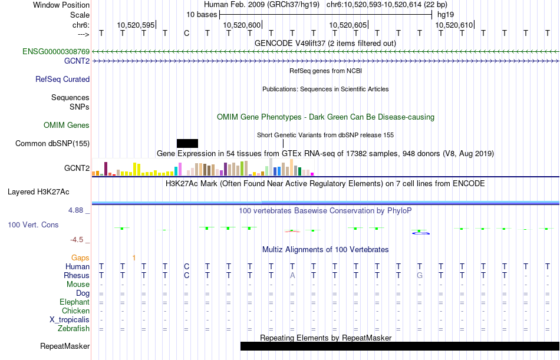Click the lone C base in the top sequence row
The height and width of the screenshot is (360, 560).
pos(186,34)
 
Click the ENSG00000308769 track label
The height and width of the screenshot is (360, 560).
pos(56,51)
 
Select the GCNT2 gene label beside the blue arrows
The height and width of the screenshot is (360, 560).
pos(77,61)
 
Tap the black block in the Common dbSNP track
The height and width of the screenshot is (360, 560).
pos(187,143)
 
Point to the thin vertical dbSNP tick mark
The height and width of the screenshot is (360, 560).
pos(283,143)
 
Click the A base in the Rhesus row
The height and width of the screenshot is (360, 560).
pos(292,275)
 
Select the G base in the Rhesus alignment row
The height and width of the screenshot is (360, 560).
pos(420,275)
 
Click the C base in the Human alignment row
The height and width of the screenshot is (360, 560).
pos(186,266)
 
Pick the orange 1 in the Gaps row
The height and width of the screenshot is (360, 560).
pos(134,257)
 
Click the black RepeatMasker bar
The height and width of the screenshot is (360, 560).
pos(400,346)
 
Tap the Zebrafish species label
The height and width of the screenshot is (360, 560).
pos(74,328)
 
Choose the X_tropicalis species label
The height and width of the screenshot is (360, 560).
pos(70,320)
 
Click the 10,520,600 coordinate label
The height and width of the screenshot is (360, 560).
pos(242,25)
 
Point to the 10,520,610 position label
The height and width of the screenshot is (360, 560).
pos(454,25)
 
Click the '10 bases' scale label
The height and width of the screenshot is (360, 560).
pos(202,15)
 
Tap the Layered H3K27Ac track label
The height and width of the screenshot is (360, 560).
pos(38,192)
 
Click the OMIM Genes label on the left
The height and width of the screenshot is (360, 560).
pos(67,125)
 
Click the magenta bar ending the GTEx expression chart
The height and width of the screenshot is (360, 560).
pos(312,174)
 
